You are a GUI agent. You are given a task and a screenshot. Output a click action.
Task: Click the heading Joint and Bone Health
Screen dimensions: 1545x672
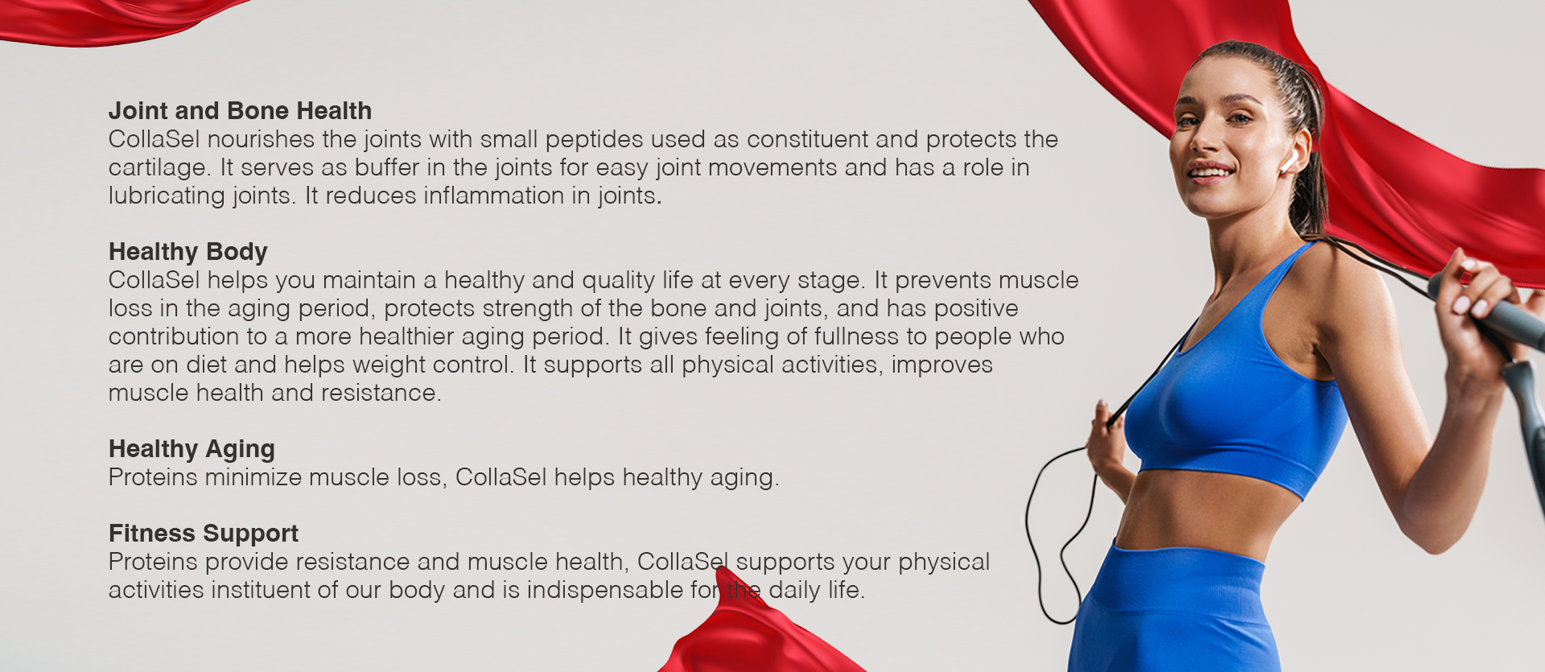240,110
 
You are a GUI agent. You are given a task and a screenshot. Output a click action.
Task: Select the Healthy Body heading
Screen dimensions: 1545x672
187,252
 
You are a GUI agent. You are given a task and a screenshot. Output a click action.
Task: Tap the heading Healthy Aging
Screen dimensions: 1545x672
192,449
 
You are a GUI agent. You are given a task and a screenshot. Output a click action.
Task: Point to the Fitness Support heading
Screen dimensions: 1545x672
204,534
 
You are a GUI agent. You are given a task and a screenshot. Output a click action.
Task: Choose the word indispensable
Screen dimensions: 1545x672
605,590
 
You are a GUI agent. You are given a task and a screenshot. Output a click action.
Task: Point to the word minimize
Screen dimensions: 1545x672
253,477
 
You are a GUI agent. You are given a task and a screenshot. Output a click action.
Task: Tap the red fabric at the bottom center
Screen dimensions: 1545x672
748,636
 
